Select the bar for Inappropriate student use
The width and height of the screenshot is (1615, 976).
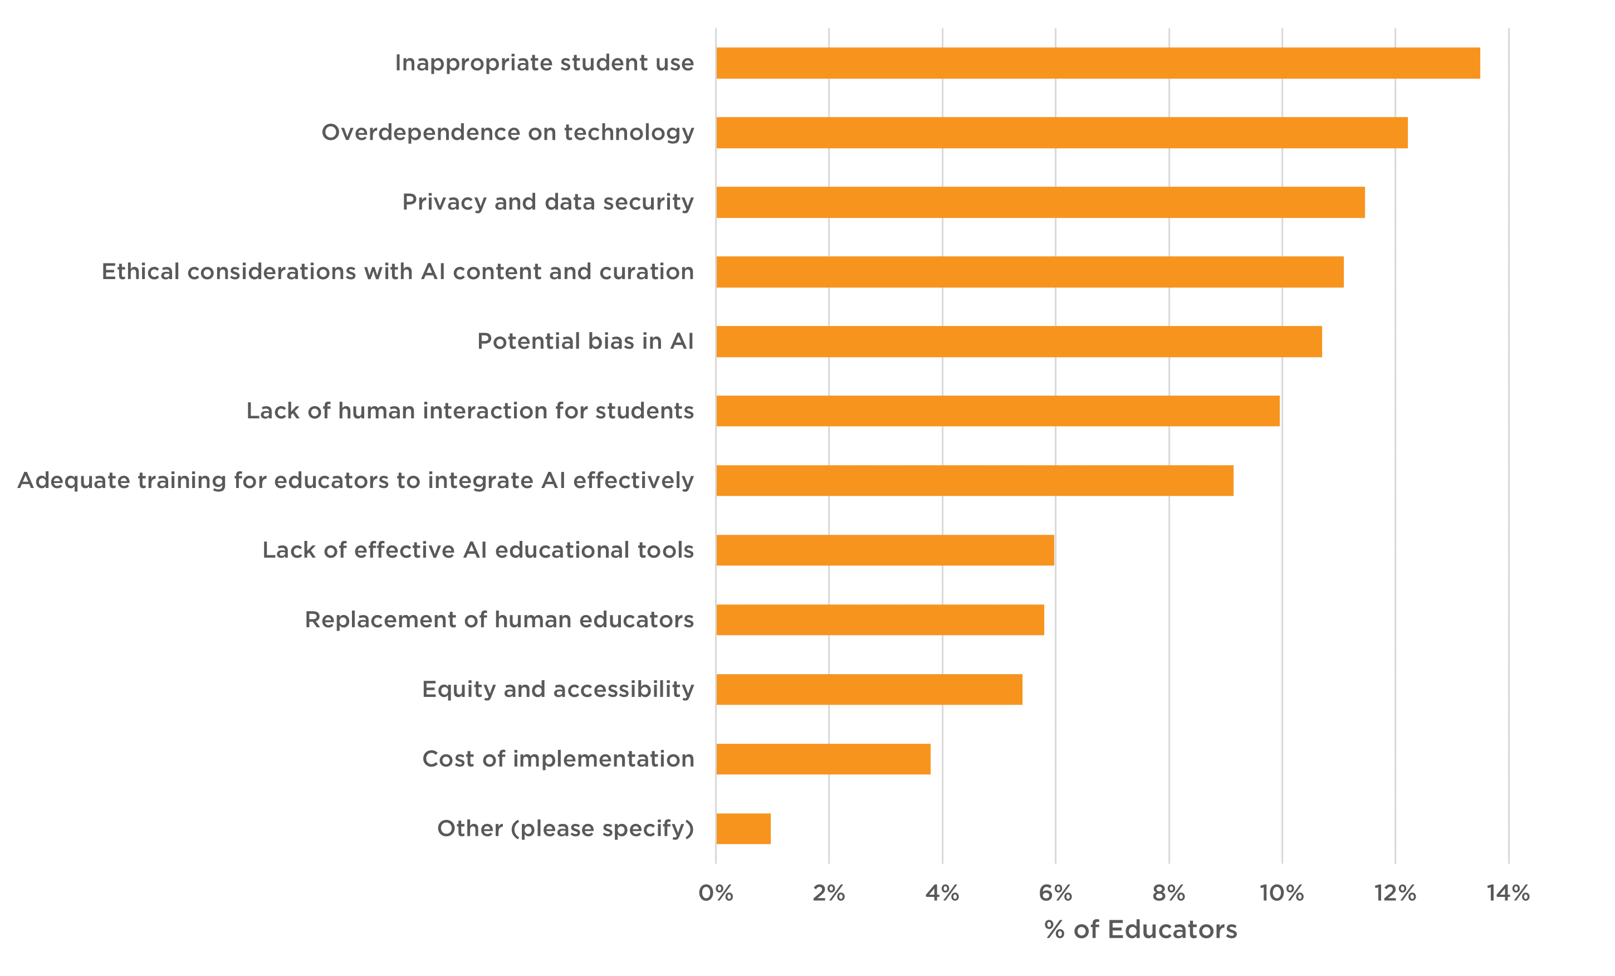(1098, 63)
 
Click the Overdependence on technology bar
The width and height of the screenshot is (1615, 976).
(1062, 133)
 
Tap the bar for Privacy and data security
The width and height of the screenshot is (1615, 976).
(1040, 202)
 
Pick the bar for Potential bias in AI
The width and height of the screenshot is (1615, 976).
(1019, 341)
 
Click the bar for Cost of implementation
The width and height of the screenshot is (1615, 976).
(823, 759)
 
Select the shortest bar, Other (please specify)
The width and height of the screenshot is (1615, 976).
(743, 828)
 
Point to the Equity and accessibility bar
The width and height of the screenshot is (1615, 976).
(869, 690)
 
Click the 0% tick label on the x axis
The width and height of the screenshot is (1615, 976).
(716, 894)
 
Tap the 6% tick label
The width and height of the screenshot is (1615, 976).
(1055, 894)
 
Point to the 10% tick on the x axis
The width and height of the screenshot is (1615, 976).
(1281, 894)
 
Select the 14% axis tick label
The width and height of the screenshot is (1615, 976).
(1508, 894)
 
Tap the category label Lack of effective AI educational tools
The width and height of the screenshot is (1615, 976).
(478, 550)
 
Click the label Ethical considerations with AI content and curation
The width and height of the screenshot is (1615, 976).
(397, 271)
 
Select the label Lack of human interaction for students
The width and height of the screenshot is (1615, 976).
(470, 411)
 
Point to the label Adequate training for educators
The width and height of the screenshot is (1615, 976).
(355, 480)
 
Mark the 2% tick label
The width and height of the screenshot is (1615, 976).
(829, 894)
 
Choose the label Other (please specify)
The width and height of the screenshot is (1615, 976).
(565, 828)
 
